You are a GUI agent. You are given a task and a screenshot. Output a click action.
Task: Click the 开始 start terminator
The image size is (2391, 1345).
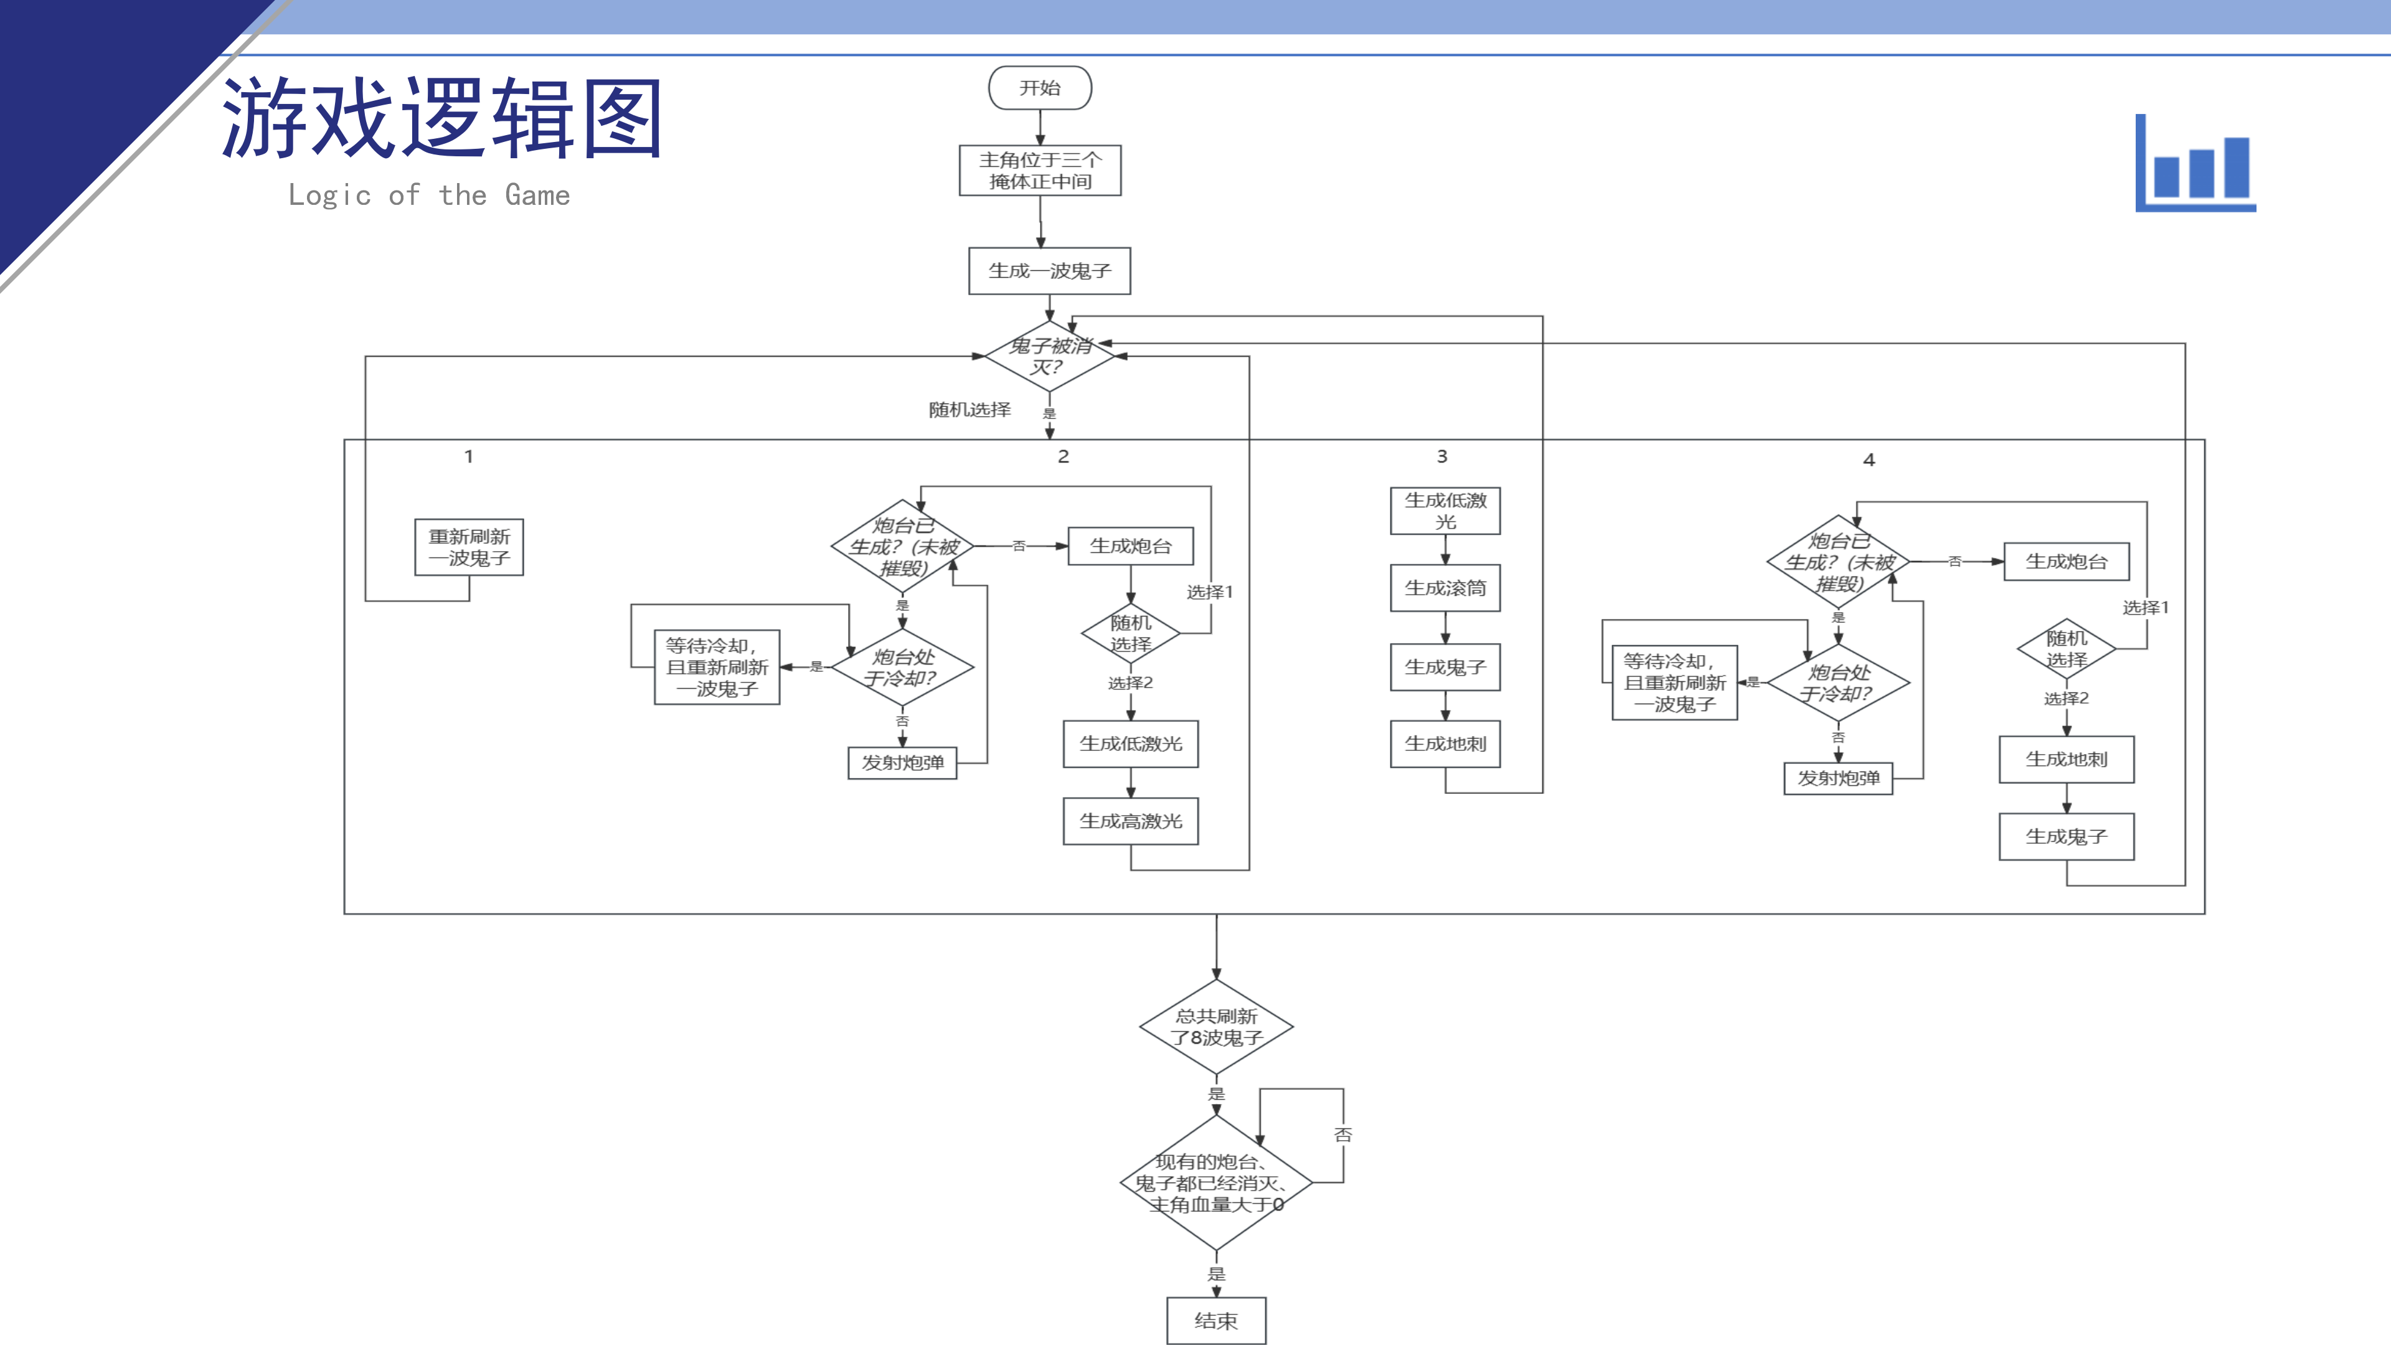(x=1040, y=88)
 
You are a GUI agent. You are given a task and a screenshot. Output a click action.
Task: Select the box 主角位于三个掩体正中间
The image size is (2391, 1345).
(x=1040, y=171)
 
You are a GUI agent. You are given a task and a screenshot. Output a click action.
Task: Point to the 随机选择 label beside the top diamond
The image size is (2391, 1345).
(x=969, y=409)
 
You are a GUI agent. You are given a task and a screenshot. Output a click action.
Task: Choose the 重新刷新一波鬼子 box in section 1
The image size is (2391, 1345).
(x=469, y=548)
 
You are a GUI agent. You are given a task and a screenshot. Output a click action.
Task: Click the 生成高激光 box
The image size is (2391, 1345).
(x=1131, y=821)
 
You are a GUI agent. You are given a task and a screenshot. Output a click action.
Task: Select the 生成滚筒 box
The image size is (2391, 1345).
(x=1445, y=588)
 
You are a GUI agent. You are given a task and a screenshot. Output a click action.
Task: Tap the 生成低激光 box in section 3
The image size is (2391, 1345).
(x=1445, y=511)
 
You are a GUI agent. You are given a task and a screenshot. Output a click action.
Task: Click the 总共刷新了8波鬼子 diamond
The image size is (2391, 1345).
(x=1216, y=1027)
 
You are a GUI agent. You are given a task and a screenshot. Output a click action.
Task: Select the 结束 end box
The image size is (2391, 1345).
(x=1216, y=1321)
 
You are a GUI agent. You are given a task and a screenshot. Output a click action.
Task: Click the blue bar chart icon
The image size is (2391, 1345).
(x=2196, y=165)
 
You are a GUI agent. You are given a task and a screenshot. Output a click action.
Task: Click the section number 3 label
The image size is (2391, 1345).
(x=1441, y=456)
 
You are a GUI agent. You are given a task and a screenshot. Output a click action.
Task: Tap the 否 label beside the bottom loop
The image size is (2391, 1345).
(x=1343, y=1135)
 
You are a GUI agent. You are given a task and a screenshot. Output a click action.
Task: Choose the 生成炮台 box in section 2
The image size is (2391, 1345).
(x=1131, y=547)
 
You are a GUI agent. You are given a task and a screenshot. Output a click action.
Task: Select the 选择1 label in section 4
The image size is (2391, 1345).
(x=2145, y=608)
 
